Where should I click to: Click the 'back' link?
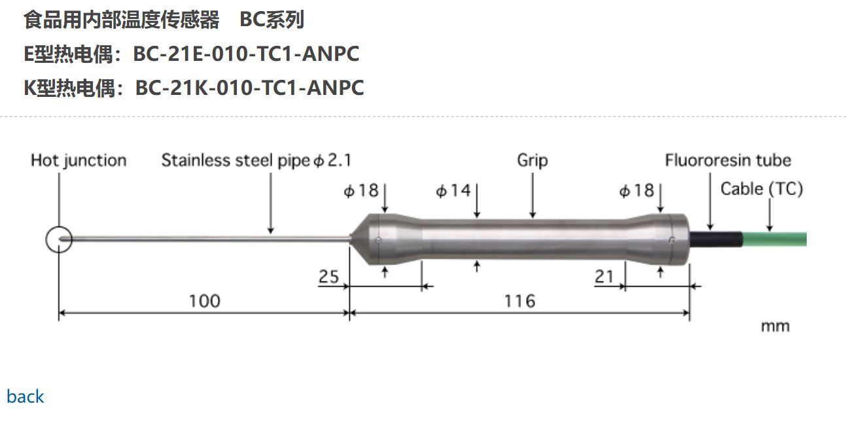tap(25, 396)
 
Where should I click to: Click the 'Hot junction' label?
tap(79, 160)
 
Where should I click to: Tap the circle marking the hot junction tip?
tap(59, 240)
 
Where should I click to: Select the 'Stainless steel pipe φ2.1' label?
tap(256, 160)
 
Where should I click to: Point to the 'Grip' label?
tap(532, 160)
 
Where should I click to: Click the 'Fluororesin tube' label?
tap(728, 160)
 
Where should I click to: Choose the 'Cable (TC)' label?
tap(762, 189)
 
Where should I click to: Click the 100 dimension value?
tap(204, 301)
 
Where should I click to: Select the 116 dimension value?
tap(520, 301)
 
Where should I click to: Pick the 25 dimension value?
tap(329, 277)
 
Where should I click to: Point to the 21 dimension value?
tap(604, 277)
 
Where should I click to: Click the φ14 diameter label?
tap(453, 191)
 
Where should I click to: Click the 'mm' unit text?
tap(775, 326)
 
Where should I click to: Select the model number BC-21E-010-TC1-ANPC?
tap(246, 54)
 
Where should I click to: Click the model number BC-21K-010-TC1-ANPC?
tap(249, 87)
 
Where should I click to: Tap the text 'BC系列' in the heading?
tap(272, 20)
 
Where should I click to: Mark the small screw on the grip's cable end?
tap(672, 240)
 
